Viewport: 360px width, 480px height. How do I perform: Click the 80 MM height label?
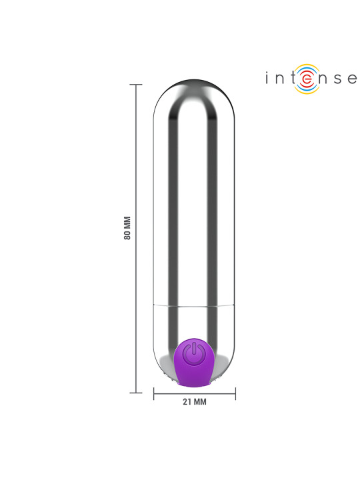tap(128, 229)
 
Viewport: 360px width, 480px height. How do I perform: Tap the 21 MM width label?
tap(194, 402)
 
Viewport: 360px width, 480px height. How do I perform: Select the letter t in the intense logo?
tap(291, 79)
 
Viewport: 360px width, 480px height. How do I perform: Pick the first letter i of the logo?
tap(266, 78)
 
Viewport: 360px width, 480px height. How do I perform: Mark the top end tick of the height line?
tap(136, 85)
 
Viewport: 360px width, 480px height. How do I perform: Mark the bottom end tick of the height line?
tap(136, 391)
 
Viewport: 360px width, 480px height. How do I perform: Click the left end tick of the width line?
tap(154, 395)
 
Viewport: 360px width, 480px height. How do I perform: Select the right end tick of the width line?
tap(235, 395)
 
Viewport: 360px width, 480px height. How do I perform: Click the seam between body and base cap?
tap(194, 305)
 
